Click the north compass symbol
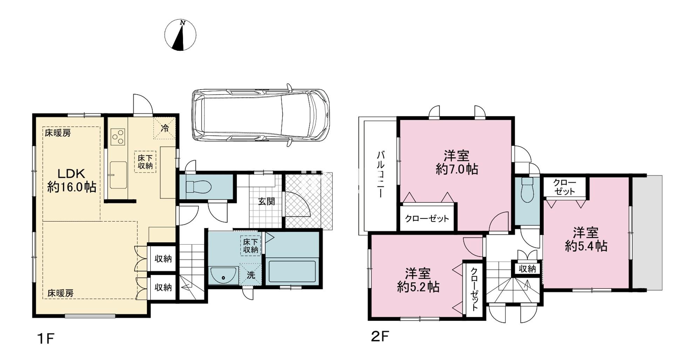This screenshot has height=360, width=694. (180, 35)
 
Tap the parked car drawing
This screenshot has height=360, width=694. (260, 116)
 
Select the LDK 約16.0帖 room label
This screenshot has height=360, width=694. (72, 180)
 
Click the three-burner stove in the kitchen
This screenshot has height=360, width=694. (118, 137)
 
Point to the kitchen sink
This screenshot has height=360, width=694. (118, 175)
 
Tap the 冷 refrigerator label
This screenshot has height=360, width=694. (164, 128)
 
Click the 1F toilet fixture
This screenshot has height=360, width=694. (198, 187)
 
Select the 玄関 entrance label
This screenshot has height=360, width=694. (266, 202)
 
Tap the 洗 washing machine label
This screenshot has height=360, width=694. (251, 275)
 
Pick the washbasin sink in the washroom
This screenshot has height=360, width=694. (223, 275)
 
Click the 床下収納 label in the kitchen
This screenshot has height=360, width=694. (145, 162)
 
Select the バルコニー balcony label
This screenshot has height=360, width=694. (380, 175)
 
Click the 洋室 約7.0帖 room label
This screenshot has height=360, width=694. (456, 162)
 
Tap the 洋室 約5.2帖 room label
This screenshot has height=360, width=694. (418, 280)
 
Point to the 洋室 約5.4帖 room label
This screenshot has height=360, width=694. (586, 239)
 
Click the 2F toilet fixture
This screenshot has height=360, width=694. (527, 190)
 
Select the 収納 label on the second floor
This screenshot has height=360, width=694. (527, 269)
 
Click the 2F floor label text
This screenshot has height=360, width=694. (380, 337)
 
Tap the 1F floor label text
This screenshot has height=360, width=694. (46, 339)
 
